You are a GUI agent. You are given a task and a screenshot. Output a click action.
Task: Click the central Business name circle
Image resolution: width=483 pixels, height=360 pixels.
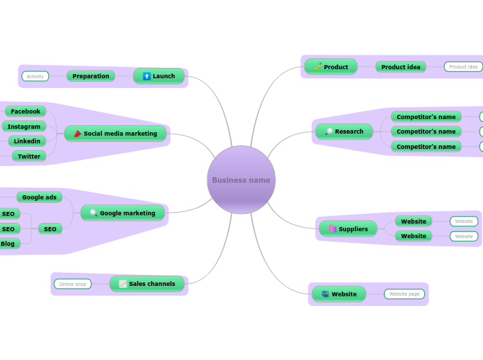coord(241,180)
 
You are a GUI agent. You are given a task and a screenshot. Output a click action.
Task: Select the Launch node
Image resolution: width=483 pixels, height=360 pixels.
coord(159,76)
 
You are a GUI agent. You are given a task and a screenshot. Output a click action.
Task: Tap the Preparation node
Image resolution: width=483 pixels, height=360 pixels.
coord(91,76)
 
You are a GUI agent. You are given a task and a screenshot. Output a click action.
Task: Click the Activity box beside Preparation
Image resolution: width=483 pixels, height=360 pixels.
coord(35,76)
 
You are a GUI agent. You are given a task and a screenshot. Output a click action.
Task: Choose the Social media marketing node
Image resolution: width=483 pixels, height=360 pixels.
coord(115,134)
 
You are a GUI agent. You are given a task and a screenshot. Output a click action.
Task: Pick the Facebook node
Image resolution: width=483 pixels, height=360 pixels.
coord(26,111)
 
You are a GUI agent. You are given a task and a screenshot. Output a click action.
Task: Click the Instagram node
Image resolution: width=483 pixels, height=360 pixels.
coord(24,127)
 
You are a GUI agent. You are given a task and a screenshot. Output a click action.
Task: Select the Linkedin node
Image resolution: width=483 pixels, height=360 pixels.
coord(27,141)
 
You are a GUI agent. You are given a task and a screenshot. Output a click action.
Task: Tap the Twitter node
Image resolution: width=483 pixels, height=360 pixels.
coord(29,156)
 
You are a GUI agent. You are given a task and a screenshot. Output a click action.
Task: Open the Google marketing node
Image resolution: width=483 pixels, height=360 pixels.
coord(123,213)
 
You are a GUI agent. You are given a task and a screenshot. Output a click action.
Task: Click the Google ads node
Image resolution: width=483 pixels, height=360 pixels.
coord(39,197)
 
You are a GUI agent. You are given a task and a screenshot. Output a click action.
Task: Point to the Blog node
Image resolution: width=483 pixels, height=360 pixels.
coord(8,244)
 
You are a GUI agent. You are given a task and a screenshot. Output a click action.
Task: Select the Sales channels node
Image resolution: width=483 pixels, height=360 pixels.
coord(147,284)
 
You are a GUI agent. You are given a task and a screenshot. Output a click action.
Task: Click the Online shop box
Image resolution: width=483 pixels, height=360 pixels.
coord(73,284)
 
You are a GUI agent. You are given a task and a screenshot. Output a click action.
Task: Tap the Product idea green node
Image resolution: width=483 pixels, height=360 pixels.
coord(401,67)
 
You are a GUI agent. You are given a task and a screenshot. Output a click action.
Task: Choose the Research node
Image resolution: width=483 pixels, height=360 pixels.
coord(344,132)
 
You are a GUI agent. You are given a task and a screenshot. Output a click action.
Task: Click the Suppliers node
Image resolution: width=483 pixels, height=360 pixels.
coord(348,229)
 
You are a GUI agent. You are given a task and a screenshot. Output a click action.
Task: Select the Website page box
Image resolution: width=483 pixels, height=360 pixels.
coord(405,294)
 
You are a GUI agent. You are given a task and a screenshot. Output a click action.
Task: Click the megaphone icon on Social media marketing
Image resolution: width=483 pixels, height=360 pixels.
coord(78,134)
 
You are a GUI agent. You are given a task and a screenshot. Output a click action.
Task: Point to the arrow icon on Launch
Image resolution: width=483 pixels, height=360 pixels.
coord(146,76)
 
